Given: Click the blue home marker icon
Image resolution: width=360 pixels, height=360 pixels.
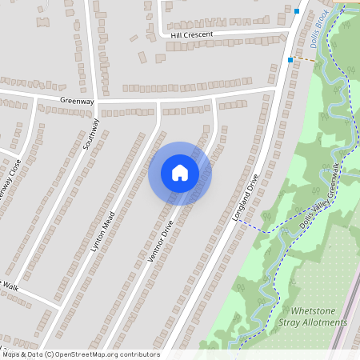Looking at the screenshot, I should pyautogui.click(x=180, y=172).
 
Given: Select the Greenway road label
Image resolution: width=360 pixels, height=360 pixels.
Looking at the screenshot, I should pyautogui.click(x=77, y=102).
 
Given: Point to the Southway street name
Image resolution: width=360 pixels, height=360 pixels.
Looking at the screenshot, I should pyautogui.click(x=90, y=135).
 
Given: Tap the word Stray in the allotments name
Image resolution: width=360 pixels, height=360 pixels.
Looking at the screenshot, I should pyautogui.click(x=290, y=322).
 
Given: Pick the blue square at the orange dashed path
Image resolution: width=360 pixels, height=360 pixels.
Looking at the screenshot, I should pyautogui.click(x=290, y=59).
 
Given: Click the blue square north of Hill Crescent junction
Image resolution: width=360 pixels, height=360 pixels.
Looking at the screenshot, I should pyautogui.click(x=297, y=11).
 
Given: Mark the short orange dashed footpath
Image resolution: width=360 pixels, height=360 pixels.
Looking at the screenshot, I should pyautogui.click(x=304, y=59).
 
